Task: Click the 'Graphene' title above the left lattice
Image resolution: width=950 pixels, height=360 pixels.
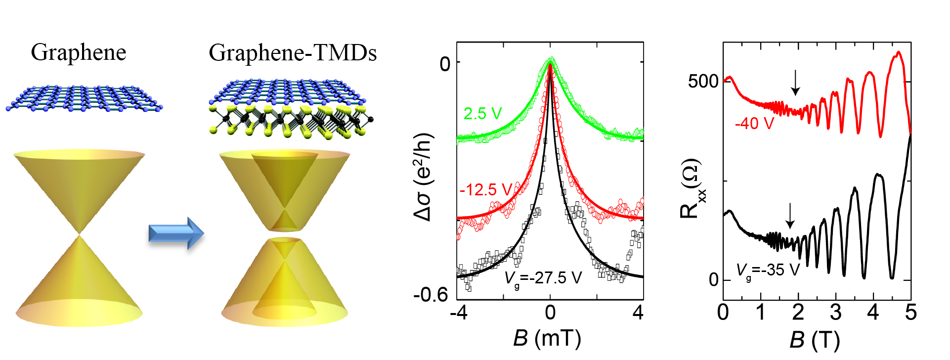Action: pos(78,52)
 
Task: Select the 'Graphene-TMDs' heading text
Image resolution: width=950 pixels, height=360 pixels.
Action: pos(293,52)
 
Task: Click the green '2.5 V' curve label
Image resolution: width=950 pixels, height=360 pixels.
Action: pos(482,114)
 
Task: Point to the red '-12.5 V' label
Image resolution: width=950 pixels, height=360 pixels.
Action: pos(485,189)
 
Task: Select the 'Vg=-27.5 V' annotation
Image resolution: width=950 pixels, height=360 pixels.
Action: pos(543,278)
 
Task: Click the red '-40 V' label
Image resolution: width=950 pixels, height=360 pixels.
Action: pos(754,123)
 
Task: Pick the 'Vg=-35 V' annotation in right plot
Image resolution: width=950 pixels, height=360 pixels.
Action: pos(768,270)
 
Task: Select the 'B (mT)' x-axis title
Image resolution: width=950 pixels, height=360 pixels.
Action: pos(547,339)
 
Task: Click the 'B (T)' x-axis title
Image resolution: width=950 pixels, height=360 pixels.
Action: pos(814,340)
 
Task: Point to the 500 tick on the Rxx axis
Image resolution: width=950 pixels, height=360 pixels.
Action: pos(703,81)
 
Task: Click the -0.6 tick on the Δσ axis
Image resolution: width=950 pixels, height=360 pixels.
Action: pos(431,295)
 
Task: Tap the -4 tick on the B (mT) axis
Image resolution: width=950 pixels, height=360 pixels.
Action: pos(459,313)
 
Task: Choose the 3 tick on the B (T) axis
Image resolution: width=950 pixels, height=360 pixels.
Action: pos(835,313)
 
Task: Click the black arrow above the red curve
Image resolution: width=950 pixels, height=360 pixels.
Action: pos(795,83)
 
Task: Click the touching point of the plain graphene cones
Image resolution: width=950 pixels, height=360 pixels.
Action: pos(79,234)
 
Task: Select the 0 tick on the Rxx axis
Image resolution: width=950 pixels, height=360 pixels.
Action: pos(714,280)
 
